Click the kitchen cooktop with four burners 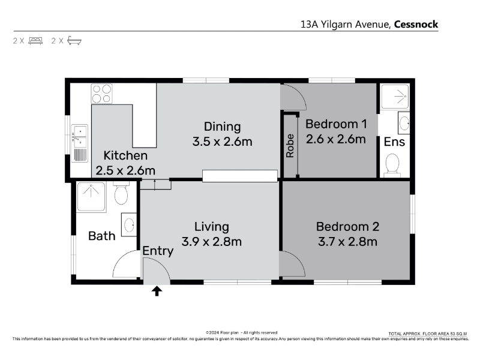101,94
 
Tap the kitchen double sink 80,143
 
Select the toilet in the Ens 392,166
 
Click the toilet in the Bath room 121,193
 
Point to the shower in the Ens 394,97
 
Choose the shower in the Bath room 92,196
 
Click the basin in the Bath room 129,224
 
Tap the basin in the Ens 404,123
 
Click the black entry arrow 157,291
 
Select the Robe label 290,146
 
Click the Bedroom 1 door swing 293,97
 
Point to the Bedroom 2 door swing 292,264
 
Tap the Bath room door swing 126,264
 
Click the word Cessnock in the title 416,24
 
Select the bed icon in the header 35,41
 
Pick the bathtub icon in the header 74,40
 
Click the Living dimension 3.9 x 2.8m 212,242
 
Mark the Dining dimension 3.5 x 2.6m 222,142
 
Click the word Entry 158,251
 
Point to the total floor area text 428,334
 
